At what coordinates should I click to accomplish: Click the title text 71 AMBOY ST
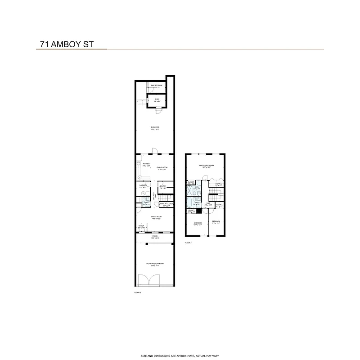65,45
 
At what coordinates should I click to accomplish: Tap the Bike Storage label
157,85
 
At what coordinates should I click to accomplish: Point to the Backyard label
155,128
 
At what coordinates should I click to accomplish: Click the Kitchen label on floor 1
146,165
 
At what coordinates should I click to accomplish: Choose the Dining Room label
162,168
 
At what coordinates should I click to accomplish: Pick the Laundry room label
144,186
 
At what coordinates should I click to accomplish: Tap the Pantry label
162,187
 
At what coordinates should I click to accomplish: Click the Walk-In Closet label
166,204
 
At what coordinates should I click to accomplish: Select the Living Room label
156,217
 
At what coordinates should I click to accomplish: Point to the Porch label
155,237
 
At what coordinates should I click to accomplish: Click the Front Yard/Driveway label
154,264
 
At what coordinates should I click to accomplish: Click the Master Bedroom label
207,166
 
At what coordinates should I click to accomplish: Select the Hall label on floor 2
208,204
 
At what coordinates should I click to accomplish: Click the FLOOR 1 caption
138,292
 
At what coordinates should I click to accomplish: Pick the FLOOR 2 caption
188,243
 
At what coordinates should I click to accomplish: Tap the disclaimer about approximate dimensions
180,355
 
